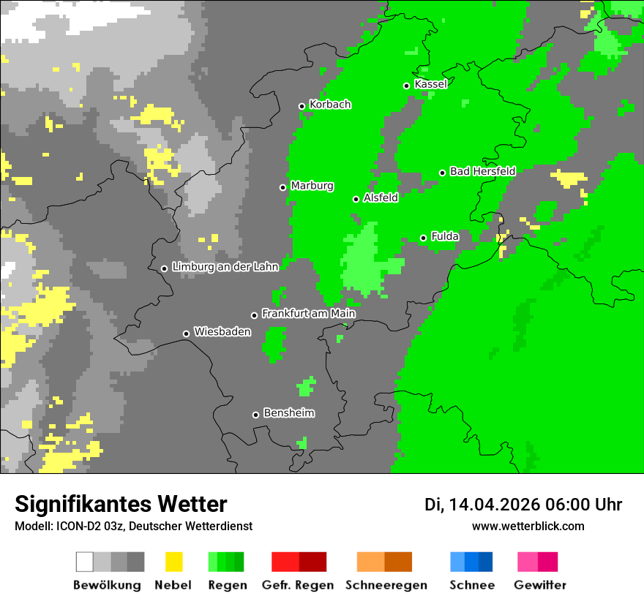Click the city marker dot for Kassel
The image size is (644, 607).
(407, 86)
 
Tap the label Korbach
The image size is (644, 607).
(330, 105)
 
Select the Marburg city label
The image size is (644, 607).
(312, 186)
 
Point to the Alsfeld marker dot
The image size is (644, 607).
(356, 199)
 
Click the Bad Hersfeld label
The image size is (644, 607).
(482, 171)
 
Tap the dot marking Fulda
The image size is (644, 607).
(424, 238)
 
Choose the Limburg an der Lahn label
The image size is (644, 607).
(225, 267)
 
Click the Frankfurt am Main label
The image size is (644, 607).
(308, 314)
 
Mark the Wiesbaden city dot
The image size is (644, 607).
(187, 334)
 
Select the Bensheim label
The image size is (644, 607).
(288, 413)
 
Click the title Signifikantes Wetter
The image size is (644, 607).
(121, 504)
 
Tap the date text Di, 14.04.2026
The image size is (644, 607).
(482, 505)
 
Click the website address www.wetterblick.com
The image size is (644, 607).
(528, 526)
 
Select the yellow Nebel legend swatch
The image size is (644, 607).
(173, 562)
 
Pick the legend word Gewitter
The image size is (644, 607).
(540, 585)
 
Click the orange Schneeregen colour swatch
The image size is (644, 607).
(384, 562)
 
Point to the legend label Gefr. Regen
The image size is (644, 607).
(298, 585)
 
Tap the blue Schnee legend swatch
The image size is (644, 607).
(471, 562)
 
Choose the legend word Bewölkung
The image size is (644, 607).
(107, 585)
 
